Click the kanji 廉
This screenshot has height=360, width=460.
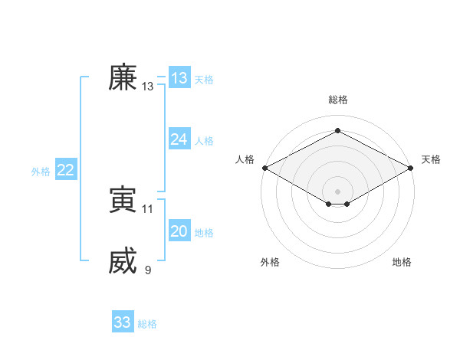point(123,78)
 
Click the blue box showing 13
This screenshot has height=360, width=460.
point(179,78)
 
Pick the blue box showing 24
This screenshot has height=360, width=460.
point(179,139)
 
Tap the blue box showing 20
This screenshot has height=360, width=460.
point(179,231)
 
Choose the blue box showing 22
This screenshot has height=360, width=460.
point(65,170)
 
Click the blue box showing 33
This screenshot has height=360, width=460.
point(122,322)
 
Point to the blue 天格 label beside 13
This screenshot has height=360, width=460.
point(204,80)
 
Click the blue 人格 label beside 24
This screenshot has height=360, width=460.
point(204,141)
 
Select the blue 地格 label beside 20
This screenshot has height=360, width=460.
point(204,233)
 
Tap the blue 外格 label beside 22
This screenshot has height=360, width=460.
point(41,172)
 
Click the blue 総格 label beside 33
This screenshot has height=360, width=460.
point(147,324)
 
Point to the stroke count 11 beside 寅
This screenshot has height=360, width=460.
point(148,208)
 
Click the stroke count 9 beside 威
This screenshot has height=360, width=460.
point(148,270)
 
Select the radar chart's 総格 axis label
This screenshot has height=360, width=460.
point(337,100)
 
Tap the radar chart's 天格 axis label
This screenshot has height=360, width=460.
point(431,159)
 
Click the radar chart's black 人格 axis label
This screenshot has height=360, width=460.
point(244,159)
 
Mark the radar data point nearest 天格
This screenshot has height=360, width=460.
point(411,167)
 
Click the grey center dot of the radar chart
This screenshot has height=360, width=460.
point(337,191)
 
